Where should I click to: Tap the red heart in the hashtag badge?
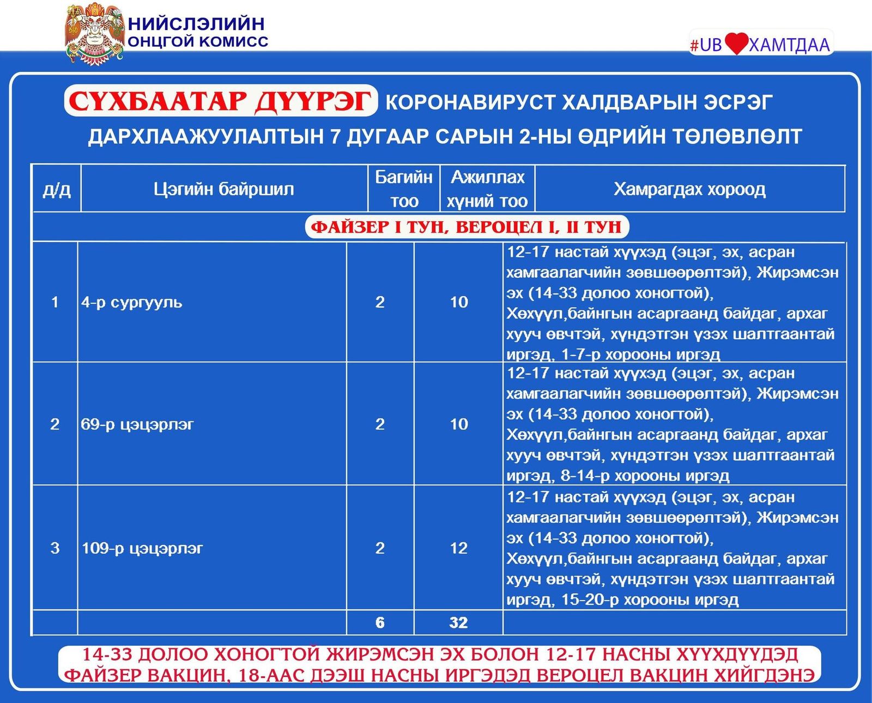point(736,44)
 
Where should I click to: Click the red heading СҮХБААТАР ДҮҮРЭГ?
point(220,101)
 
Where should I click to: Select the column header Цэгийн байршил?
point(223,189)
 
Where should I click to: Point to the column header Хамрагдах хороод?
point(689,189)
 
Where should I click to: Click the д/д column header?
point(57,189)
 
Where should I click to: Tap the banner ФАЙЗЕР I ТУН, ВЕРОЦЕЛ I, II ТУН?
point(467,227)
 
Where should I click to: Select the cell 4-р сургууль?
point(132,302)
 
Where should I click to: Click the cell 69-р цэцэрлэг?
point(137,424)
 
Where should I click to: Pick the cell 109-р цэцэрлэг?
point(142,548)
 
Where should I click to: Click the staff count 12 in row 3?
point(459,548)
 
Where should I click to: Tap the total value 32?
point(458,622)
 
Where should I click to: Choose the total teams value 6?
point(380,622)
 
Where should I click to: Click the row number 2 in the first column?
point(55,424)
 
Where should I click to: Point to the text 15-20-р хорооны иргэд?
point(650,600)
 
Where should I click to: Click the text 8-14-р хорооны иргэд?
point(645,475)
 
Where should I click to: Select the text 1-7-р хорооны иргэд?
point(641,354)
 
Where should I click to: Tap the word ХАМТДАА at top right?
point(789,45)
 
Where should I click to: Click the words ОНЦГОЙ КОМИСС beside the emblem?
point(198,41)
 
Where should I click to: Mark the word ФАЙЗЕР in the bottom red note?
point(104,675)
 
